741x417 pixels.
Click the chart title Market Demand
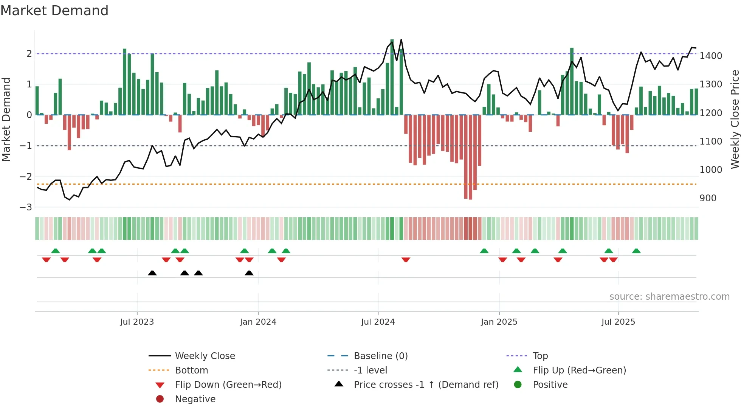point(54,11)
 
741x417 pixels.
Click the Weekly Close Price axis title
point(735,119)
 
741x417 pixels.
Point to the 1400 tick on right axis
point(711,56)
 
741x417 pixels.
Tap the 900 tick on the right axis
point(708,198)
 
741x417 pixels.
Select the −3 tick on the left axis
point(26,207)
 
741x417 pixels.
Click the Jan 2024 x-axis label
point(258,322)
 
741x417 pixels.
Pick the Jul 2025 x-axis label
point(618,322)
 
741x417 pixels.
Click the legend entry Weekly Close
point(205,356)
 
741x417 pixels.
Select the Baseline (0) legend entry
point(380,356)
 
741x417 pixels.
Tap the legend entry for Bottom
point(191,370)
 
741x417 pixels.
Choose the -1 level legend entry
point(370,370)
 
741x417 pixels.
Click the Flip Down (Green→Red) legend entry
point(228,385)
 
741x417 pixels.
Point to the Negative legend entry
point(195,399)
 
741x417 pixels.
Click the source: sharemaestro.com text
point(669,297)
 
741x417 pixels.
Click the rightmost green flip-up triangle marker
point(636,251)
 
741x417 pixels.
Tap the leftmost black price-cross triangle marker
point(152,273)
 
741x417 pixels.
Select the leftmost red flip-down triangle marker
point(46,260)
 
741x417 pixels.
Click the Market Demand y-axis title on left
point(6,119)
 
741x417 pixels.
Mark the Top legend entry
point(540,356)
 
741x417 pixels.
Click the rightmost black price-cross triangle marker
point(249,273)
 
